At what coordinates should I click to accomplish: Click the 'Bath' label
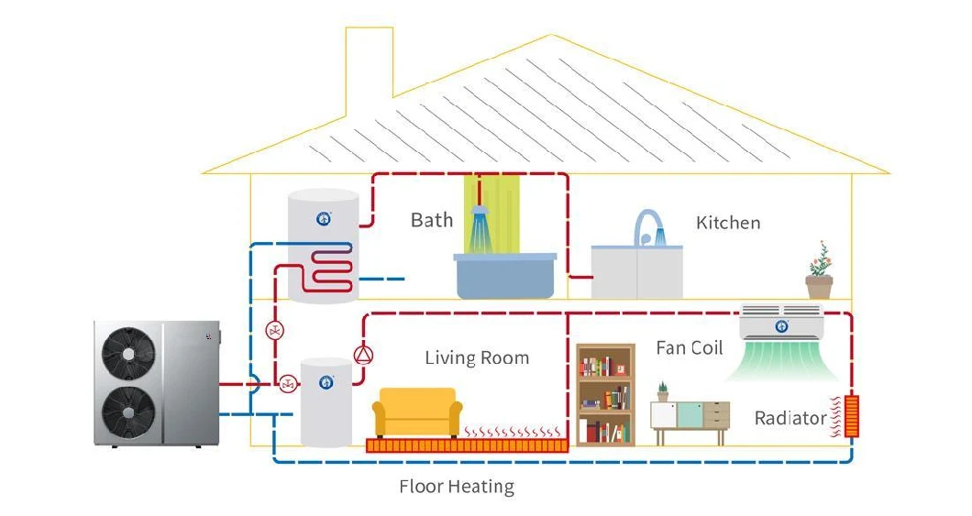431,220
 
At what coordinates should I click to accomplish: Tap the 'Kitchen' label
727,223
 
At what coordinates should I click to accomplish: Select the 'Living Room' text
476,357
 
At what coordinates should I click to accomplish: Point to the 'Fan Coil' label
689,348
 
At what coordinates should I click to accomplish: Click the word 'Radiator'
790,419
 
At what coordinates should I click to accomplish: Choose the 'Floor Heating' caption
456,487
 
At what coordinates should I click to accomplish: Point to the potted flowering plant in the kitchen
819,272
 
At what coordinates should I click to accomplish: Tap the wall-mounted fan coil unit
781,324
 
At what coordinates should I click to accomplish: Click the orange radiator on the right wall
853,415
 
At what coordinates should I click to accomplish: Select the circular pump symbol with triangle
364,355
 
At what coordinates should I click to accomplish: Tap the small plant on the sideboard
662,392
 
